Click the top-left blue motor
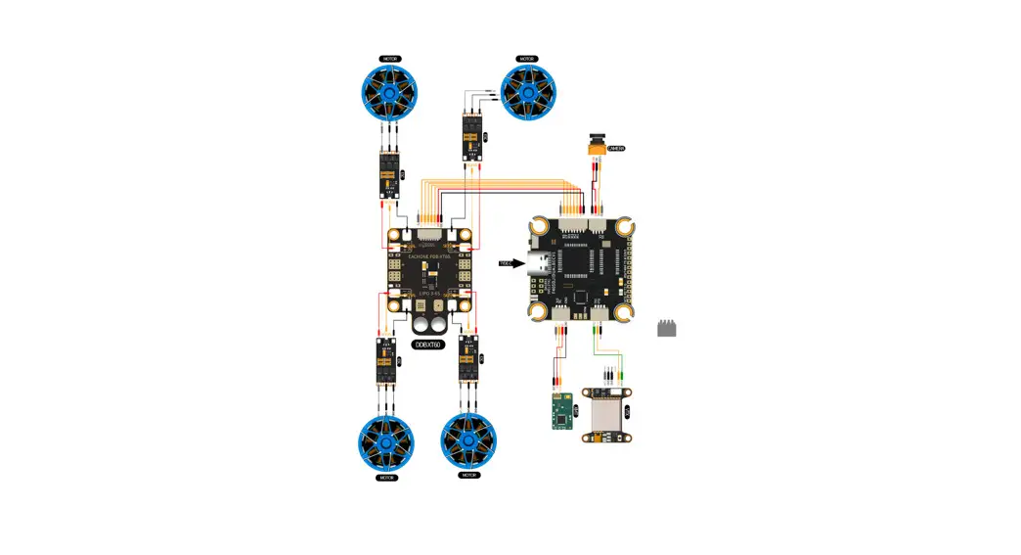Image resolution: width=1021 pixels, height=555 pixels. click(388, 93)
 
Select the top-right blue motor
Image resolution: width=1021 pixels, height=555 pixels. click(528, 93)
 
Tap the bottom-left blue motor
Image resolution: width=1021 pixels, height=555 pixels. click(385, 442)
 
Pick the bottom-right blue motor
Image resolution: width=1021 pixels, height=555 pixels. click(468, 442)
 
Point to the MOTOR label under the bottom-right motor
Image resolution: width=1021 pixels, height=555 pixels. click(468, 475)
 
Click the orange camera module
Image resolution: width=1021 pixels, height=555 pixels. click(595, 145)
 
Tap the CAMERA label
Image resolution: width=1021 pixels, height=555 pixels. click(615, 149)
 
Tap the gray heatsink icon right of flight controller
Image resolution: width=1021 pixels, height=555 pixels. click(667, 329)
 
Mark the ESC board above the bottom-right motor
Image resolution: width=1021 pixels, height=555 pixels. click(468, 360)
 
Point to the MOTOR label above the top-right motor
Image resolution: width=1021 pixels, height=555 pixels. click(528, 60)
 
